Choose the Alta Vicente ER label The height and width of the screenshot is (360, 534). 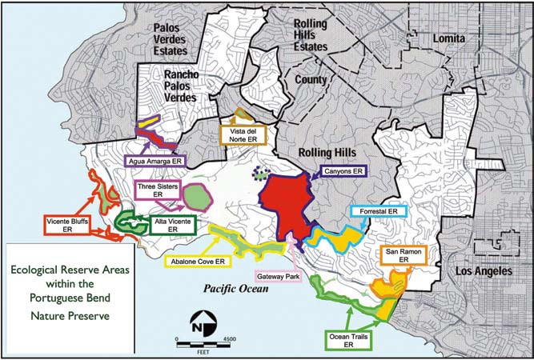pyautogui.click(x=167, y=223)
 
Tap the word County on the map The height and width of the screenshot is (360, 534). pyautogui.click(x=311, y=79)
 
